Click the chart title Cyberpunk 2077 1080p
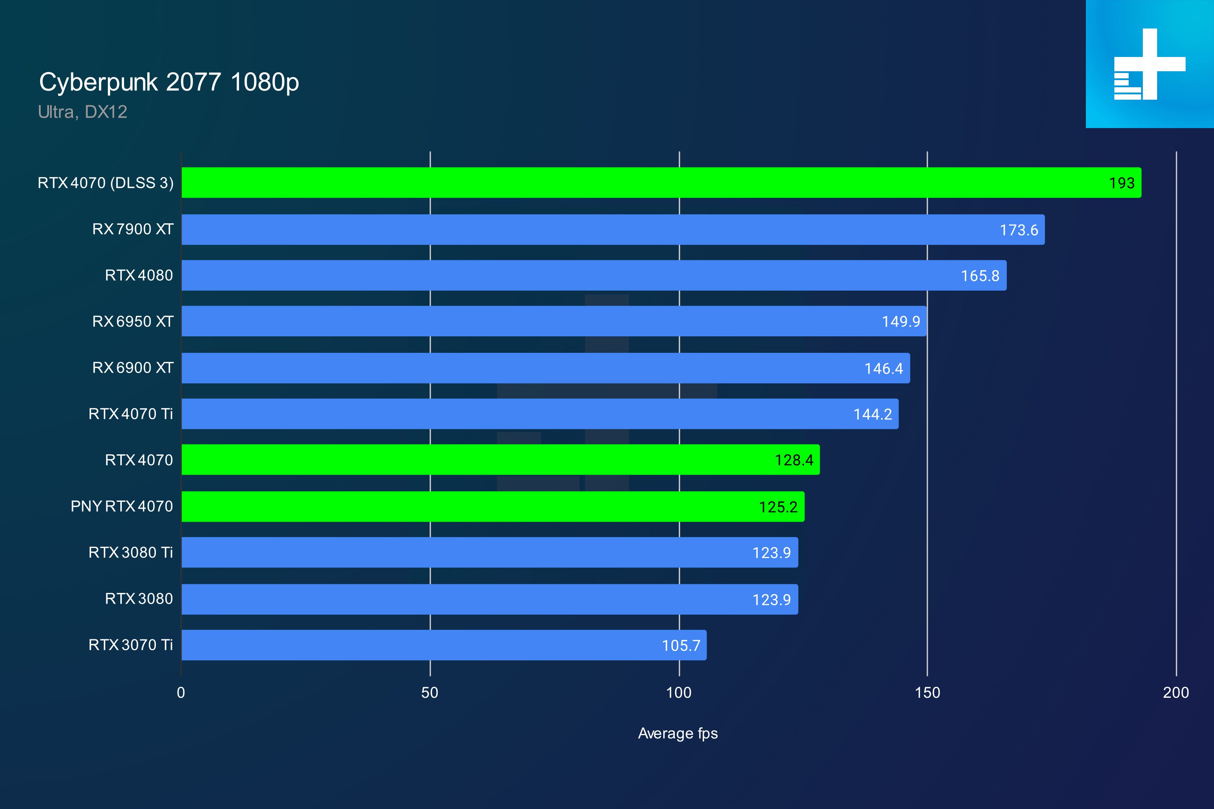pos(169,82)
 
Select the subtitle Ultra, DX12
pos(82,112)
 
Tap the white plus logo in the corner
pos(1150,64)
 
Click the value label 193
pos(1121,183)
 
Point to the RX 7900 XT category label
pos(133,229)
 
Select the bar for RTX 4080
pos(594,276)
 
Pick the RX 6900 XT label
pos(133,368)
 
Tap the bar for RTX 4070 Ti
pos(540,414)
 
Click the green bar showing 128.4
pos(500,460)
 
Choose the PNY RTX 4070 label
pos(122,506)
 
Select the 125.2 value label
pos(778,507)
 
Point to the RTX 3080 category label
pos(139,599)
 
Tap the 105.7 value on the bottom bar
pos(681,645)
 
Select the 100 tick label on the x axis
pos(679,693)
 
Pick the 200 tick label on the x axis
pos(1176,693)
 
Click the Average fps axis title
pos(678,733)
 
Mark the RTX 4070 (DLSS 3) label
pos(106,183)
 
